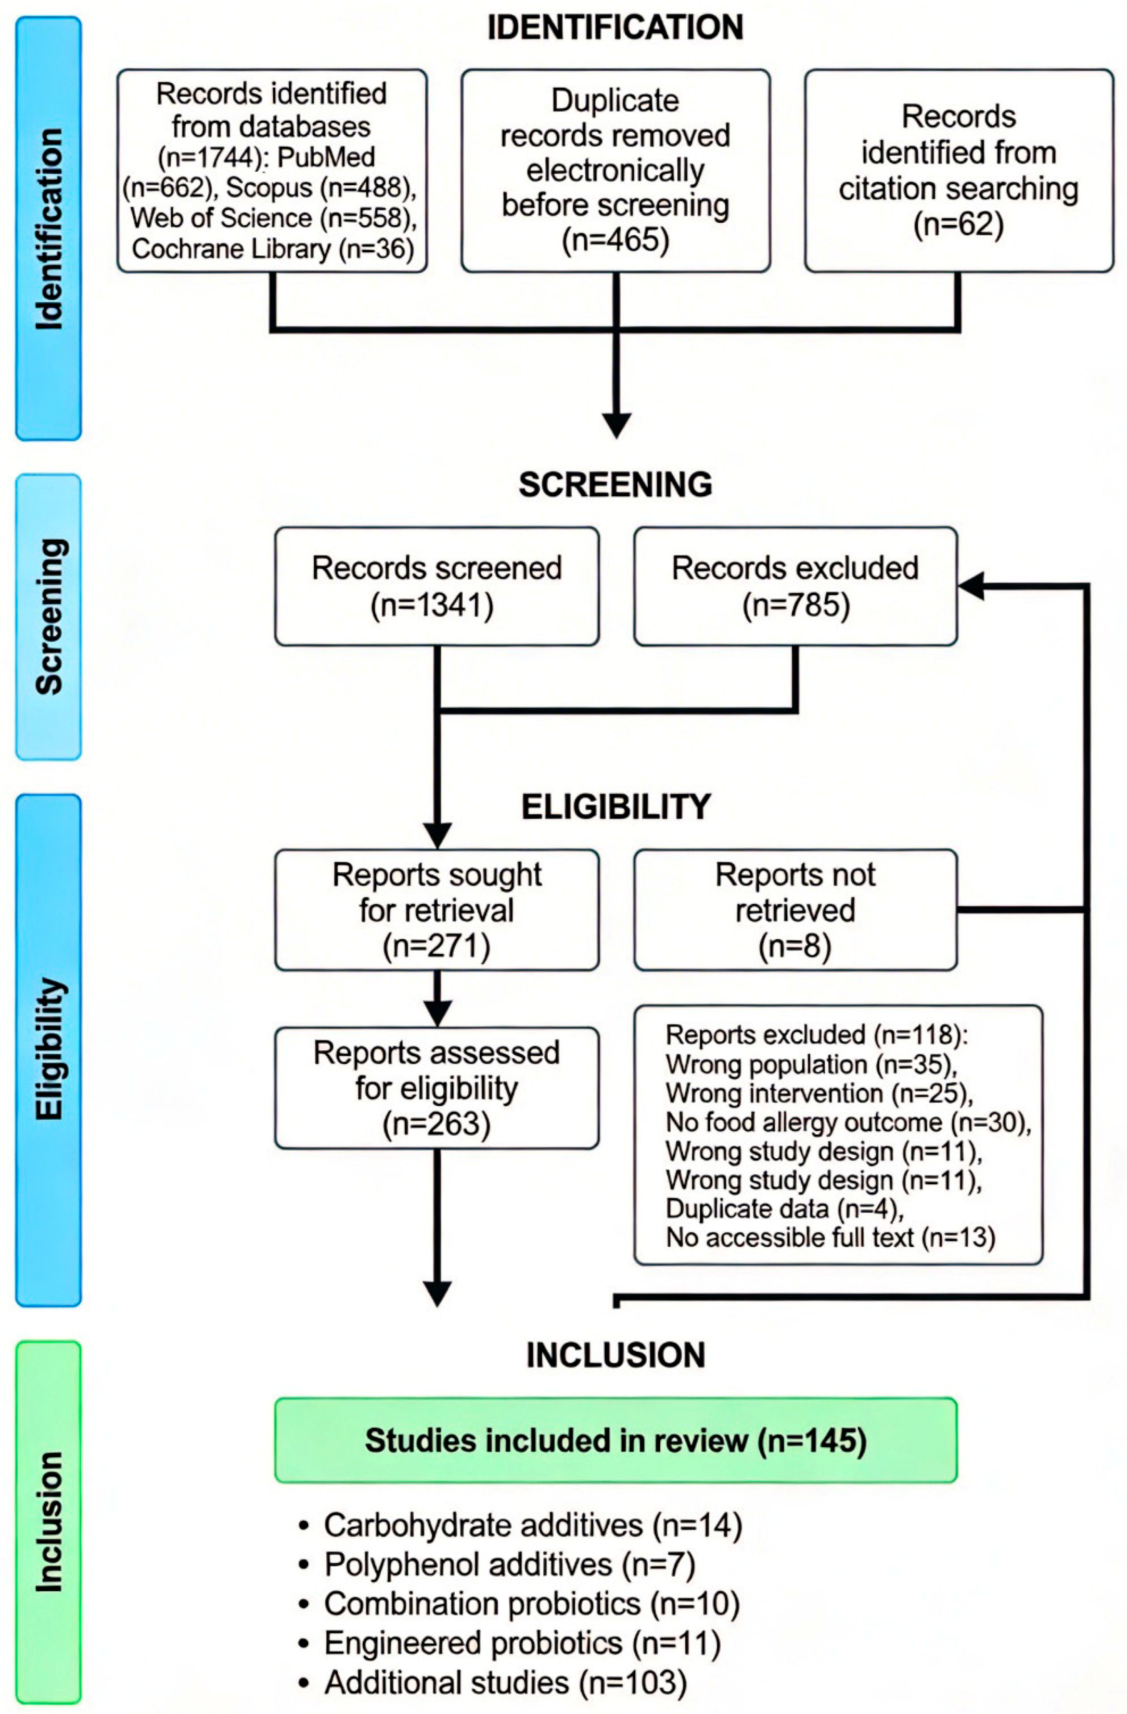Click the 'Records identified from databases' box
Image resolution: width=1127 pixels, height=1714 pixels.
(x=272, y=171)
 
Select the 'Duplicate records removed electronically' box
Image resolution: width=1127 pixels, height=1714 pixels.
(x=616, y=171)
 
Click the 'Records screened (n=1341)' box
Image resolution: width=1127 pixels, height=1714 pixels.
(x=437, y=586)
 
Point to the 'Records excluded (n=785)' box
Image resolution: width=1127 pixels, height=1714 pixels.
(x=796, y=586)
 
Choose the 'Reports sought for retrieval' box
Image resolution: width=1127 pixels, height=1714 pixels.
(x=437, y=910)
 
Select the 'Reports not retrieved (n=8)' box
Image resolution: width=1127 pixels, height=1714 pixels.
(x=796, y=910)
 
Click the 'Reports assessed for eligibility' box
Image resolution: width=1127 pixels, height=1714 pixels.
(x=437, y=1088)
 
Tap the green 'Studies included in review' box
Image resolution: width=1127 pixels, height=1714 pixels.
(x=616, y=1440)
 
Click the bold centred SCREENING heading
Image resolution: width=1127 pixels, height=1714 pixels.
(x=616, y=484)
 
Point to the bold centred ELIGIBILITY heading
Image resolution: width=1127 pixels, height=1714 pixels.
(x=616, y=807)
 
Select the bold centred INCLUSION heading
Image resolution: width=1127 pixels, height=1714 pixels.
(x=616, y=1355)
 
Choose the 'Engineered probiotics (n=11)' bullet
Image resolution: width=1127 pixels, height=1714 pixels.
(x=511, y=1643)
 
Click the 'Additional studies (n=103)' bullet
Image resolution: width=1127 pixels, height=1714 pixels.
(x=494, y=1682)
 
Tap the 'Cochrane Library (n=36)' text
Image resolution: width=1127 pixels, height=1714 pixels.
(x=273, y=248)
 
